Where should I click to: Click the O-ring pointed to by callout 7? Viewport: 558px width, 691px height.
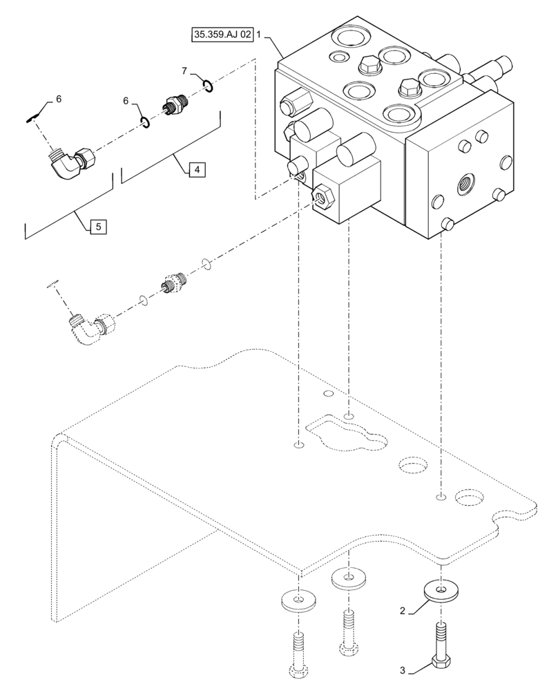pyautogui.click(x=208, y=86)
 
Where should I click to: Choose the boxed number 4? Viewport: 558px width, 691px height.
pyautogui.click(x=196, y=169)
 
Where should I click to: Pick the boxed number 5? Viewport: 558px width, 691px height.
pyautogui.click(x=99, y=225)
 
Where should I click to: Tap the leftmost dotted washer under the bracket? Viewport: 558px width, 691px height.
pyautogui.click(x=298, y=600)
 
